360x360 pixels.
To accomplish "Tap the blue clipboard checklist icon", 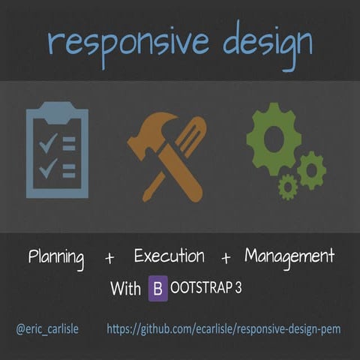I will [x=58, y=153].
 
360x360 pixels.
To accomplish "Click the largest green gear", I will [x=273, y=139].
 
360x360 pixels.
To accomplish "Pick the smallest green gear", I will [x=288, y=186].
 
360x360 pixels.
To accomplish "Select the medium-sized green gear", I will [x=310, y=169].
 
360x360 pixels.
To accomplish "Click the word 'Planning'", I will [x=56, y=259].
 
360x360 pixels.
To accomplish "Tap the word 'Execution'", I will [x=169, y=256].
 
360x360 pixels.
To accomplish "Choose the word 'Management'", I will [x=289, y=256].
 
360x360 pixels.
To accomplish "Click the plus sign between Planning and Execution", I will [x=110, y=259].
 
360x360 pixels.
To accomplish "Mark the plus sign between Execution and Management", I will [x=226, y=259].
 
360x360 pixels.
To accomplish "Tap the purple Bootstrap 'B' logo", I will [x=158, y=288].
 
